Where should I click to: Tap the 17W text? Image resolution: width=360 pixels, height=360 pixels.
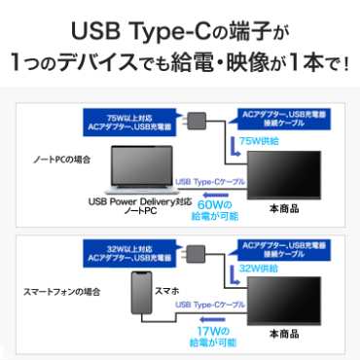tap(213, 329)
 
